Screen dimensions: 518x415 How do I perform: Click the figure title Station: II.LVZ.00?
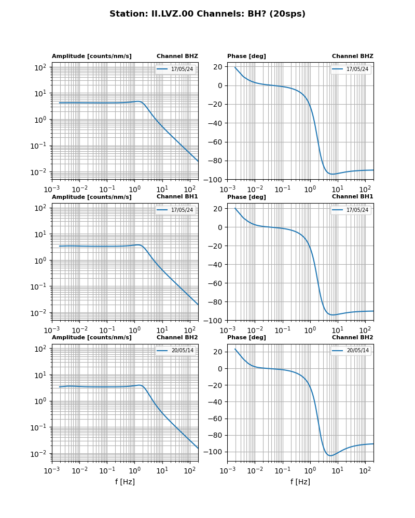tap(207, 14)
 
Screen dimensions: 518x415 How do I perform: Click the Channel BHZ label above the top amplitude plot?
tap(177, 56)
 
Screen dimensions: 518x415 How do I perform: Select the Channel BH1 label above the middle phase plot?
tap(352, 197)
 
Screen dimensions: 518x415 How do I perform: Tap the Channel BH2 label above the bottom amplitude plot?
tap(177, 338)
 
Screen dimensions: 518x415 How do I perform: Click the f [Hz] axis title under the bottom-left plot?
tap(125, 482)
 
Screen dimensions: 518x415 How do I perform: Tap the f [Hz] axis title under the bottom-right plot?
tap(300, 482)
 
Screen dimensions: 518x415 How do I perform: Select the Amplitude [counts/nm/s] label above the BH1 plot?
tap(92, 197)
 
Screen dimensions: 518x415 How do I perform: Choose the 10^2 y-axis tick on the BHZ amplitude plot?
tap(40, 67)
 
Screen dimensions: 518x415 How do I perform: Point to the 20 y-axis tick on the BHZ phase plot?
tap(218, 67)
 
